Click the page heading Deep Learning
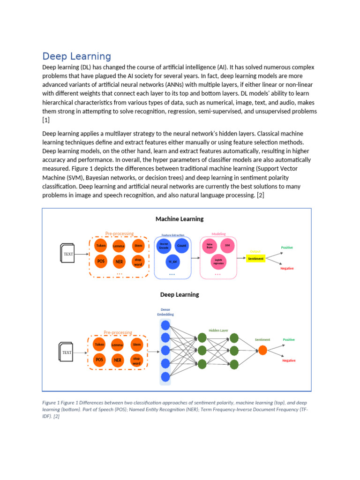pyautogui.click(x=76, y=57)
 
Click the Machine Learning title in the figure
pyautogui.click(x=180, y=219)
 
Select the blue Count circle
pyautogui.click(x=181, y=245)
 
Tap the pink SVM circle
pyautogui.click(x=227, y=245)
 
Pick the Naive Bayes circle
pyautogui.click(x=210, y=245)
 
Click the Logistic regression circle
pyautogui.click(x=218, y=262)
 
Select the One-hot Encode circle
pyautogui.click(x=164, y=245)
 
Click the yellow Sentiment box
pyautogui.click(x=255, y=258)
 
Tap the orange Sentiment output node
pyautogui.click(x=262, y=350)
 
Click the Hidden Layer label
pyautogui.click(x=218, y=330)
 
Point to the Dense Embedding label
pyautogui.click(x=165, y=312)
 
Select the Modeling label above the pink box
pyautogui.click(x=218, y=234)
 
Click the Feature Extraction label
pyautogui.click(x=173, y=235)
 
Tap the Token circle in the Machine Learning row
pyautogui.click(x=101, y=246)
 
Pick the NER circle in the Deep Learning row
pyautogui.click(x=118, y=360)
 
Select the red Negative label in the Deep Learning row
pyautogui.click(x=289, y=360)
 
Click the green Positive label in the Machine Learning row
pyautogui.click(x=287, y=247)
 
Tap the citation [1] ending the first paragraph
pyautogui.click(x=46, y=120)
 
